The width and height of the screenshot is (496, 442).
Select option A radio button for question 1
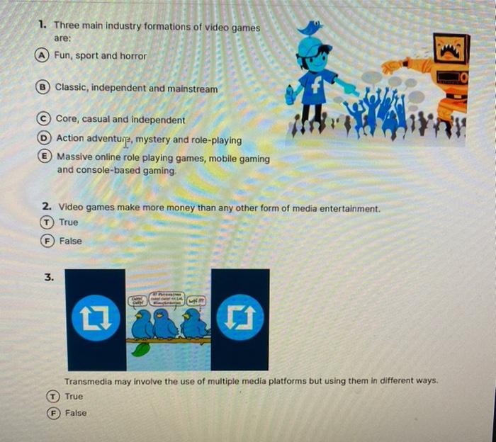pos(44,56)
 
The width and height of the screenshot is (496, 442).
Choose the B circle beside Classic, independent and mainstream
pos(45,89)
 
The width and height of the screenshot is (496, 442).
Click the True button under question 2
pos(49,222)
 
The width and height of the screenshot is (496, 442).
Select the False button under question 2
pos(49,241)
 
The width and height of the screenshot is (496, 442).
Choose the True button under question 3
pos(54,397)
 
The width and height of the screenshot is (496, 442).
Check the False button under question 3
pos(54,413)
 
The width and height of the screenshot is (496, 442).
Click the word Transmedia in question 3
pos(88,381)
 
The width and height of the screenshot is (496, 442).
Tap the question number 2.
pos(45,208)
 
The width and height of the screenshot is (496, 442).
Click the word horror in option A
pos(133,56)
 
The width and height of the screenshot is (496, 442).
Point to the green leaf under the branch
pos(142,349)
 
